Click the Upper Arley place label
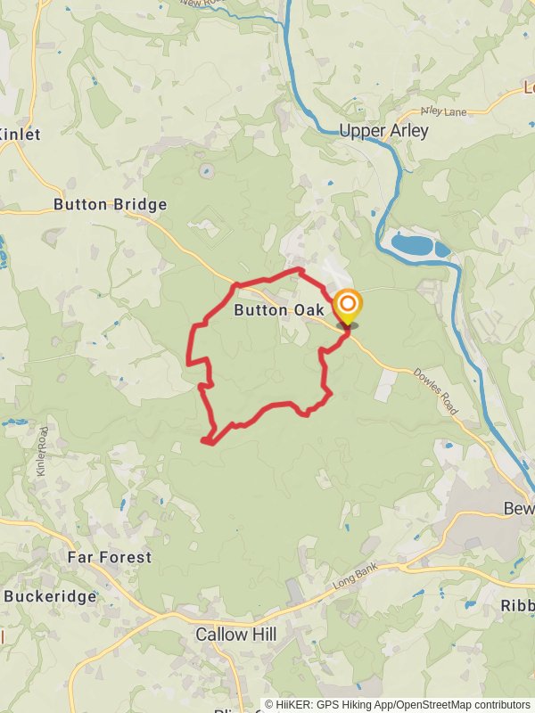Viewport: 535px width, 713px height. [x=383, y=131]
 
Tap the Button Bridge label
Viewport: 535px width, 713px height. [x=111, y=204]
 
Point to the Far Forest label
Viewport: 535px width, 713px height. [x=110, y=557]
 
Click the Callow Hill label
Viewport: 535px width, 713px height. [x=236, y=635]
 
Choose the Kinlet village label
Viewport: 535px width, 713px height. [x=21, y=134]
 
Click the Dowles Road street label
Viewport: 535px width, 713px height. [x=436, y=392]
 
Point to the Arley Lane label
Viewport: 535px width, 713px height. [x=443, y=111]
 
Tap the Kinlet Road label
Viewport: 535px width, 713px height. [x=43, y=451]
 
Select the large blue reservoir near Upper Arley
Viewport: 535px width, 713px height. [x=416, y=244]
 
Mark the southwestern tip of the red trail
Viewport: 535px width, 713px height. [x=205, y=439]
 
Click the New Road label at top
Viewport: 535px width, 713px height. [x=202, y=4]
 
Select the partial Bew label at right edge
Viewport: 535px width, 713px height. [x=518, y=509]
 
